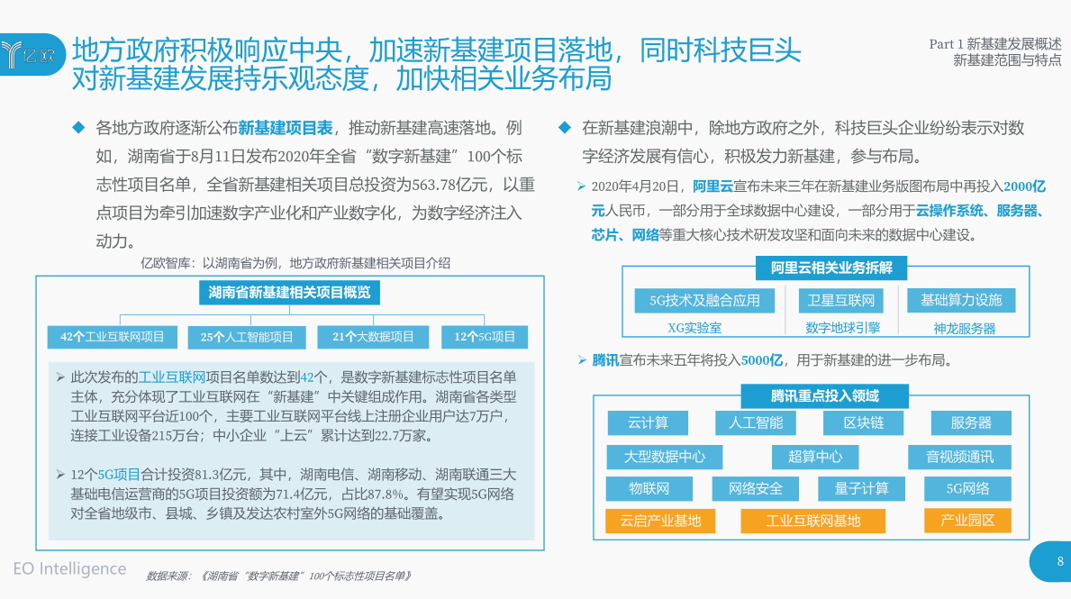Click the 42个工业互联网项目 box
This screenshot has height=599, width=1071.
click(x=112, y=337)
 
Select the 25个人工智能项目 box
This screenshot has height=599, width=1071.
click(x=247, y=337)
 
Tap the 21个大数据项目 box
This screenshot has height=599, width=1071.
click(x=373, y=337)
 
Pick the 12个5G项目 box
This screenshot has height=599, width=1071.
click(x=485, y=337)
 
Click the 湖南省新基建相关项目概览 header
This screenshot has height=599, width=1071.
click(x=289, y=293)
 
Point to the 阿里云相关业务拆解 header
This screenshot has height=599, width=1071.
click(x=831, y=268)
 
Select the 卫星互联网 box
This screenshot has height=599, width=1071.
click(x=840, y=301)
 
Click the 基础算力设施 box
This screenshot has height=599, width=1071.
click(x=961, y=300)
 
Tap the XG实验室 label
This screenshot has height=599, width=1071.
click(x=694, y=328)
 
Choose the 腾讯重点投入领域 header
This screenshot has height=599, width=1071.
click(x=824, y=396)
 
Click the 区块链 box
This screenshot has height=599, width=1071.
click(x=863, y=422)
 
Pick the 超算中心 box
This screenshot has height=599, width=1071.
click(x=815, y=457)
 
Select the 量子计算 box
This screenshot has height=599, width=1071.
click(x=861, y=489)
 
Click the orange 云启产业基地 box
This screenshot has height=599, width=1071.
click(x=660, y=522)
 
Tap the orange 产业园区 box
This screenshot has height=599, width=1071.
click(x=967, y=521)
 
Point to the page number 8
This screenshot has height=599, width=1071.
click(x=1060, y=561)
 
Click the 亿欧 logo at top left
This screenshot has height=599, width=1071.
click(x=30, y=54)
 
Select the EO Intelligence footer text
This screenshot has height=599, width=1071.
click(x=69, y=568)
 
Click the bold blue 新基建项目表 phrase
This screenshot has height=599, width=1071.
click(x=286, y=128)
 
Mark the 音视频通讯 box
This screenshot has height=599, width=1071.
click(x=959, y=457)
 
